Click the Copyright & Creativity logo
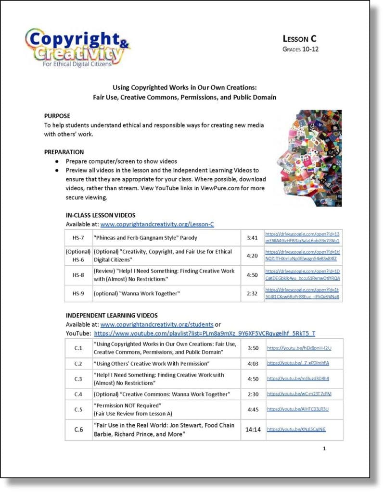pos(77,48)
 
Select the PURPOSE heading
pos(57,116)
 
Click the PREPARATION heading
pos(64,152)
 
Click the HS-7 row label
pos(78,238)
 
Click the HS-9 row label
pos(78,294)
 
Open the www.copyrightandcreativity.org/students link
pos(157,324)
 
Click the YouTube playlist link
pos(205,333)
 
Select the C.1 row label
pos(78,348)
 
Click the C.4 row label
pos(78,394)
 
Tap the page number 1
pos(324,448)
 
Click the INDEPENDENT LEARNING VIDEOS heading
pos(112,316)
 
